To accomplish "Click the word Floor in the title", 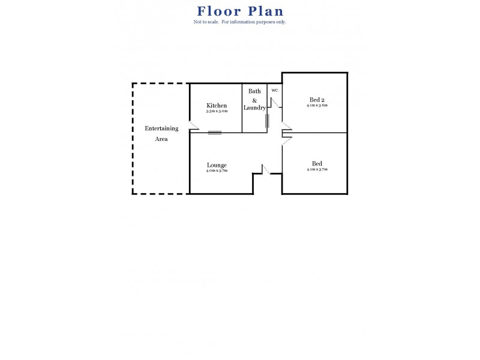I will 218,11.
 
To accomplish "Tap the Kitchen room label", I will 217,106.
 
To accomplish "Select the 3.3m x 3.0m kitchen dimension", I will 217,111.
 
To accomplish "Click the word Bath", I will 254,91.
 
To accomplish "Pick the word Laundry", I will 254,108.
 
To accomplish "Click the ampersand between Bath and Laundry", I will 254,100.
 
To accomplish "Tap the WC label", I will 275,90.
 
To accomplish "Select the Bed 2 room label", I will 317,100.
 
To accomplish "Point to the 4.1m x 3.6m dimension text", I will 317,105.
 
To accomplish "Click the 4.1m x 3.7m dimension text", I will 317,169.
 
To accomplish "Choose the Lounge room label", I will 217,165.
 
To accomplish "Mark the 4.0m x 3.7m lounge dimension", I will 217,170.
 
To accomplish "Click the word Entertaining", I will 161,128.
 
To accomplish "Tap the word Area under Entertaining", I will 161,139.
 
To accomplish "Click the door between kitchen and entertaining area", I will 193,126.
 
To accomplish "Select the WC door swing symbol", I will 274,103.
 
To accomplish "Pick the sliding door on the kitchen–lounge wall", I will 215,133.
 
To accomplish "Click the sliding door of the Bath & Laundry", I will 268,121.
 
